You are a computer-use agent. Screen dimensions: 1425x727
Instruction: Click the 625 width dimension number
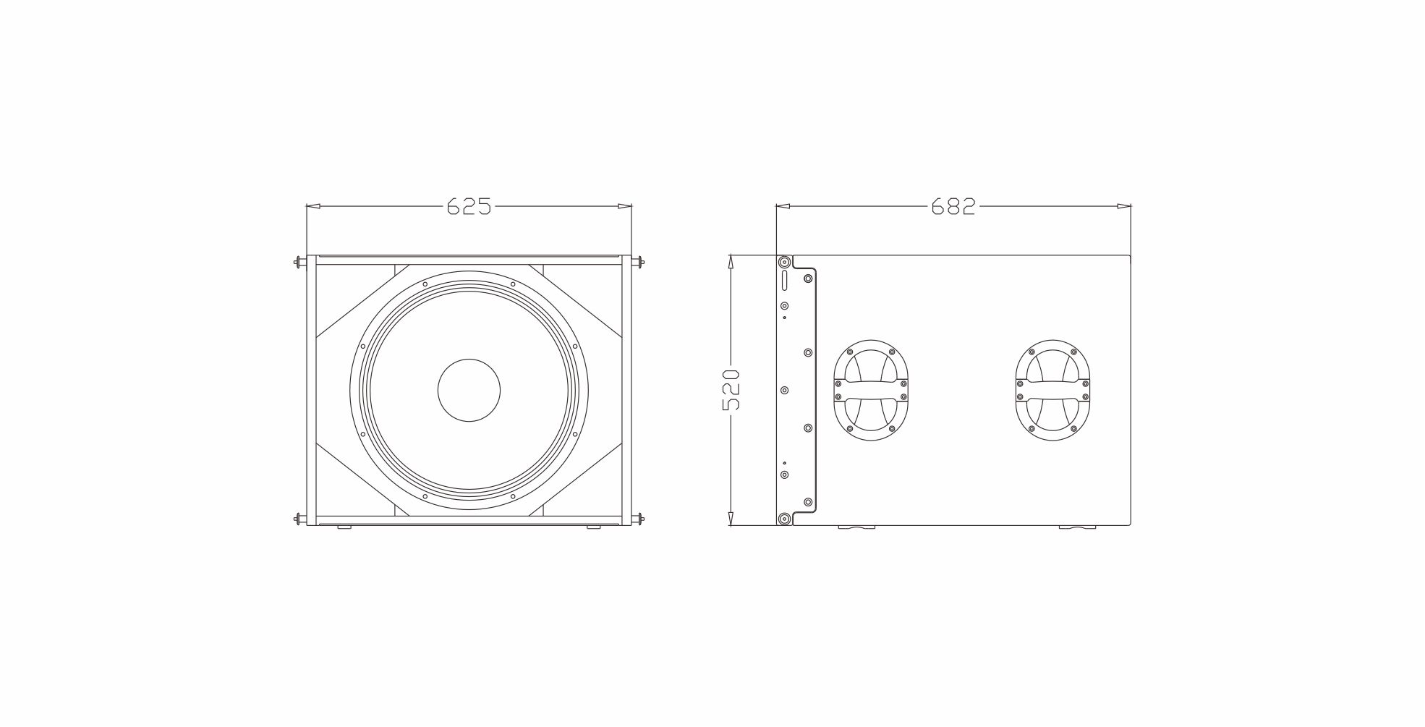coord(469,207)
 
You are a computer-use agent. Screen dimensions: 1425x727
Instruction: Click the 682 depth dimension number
coord(953,207)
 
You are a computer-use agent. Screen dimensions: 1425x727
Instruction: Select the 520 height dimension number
coord(731,390)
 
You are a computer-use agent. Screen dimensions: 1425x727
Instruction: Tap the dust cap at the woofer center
coord(469,390)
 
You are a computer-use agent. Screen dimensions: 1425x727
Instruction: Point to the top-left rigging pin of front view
coord(300,262)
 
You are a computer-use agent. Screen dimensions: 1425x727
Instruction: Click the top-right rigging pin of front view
coord(637,262)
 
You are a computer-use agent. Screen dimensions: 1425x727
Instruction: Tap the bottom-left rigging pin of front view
coord(300,518)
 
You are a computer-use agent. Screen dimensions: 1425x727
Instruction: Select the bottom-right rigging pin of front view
coord(637,518)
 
